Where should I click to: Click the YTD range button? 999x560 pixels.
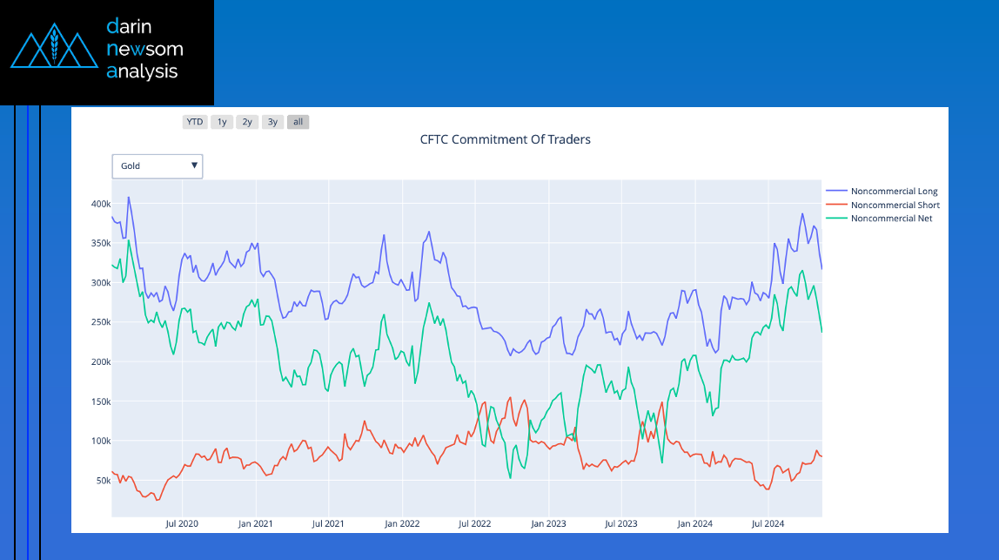(195, 122)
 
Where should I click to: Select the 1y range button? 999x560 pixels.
(222, 122)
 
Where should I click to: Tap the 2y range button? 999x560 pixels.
(247, 122)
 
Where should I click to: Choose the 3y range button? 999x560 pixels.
(272, 122)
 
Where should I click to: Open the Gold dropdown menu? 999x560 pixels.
(158, 166)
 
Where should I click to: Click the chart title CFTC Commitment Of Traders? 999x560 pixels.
(506, 139)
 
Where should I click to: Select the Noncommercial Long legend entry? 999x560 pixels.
(894, 191)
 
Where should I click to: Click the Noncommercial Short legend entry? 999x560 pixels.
(895, 205)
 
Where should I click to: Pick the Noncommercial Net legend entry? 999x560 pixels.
(891, 219)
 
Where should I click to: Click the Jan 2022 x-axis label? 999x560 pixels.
(402, 524)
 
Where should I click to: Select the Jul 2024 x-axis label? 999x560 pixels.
(768, 524)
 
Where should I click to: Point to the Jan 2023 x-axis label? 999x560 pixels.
(549, 524)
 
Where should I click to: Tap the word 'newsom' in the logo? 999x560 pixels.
(144, 49)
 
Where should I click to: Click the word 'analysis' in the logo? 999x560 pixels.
(142, 71)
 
